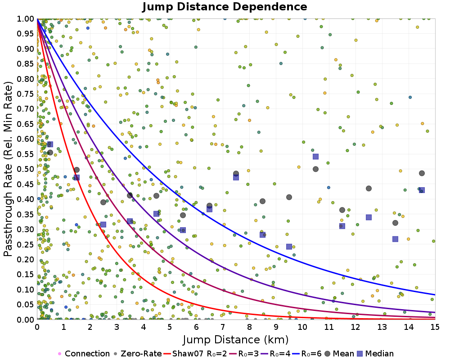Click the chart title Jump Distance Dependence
[x=225, y=7]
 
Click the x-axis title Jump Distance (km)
[x=236, y=339]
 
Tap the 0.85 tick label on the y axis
[x=26, y=64]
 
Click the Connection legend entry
[x=83, y=354]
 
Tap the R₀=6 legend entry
[x=306, y=354]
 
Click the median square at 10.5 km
[x=315, y=157]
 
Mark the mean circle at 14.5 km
[x=422, y=173]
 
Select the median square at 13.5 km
[x=395, y=239]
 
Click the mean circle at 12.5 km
[x=369, y=189]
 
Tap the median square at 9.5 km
[x=289, y=247]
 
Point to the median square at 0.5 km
[x=50, y=144]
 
